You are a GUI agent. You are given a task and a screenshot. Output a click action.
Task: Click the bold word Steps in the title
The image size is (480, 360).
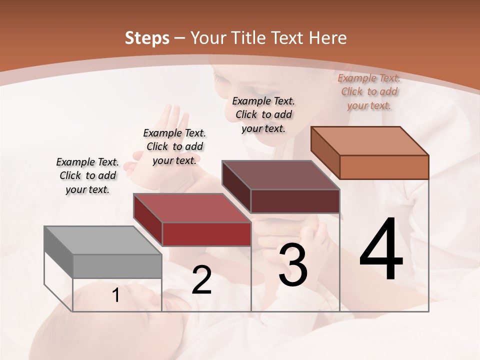coord(147,38)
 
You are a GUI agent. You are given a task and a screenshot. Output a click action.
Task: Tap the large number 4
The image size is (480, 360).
coord(381,249)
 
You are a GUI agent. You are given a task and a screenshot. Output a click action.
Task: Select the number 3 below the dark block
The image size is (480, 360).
coord(293,265)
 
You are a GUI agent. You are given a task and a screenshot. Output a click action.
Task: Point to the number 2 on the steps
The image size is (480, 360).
coord(202,280)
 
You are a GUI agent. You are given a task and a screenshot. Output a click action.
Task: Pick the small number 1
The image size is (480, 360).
coord(116,295)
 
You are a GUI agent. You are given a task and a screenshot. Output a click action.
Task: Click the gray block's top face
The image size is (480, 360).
coord(102,240)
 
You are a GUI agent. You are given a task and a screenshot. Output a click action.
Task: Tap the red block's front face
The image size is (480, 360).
coord(206,234)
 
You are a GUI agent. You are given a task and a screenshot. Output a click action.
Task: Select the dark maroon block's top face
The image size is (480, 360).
coord(280,175)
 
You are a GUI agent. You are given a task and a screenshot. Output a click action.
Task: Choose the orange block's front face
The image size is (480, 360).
coord(384,167)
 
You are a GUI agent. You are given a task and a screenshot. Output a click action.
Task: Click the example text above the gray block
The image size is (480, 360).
coord(87,176)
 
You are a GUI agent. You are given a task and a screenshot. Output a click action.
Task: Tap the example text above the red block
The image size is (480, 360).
coord(174,147)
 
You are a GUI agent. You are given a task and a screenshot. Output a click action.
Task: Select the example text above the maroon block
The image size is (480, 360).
coord(263,114)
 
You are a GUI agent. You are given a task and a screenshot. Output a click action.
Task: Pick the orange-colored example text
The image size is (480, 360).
coord(369,92)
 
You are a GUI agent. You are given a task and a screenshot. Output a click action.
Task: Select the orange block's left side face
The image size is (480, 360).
coord(325,152)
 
